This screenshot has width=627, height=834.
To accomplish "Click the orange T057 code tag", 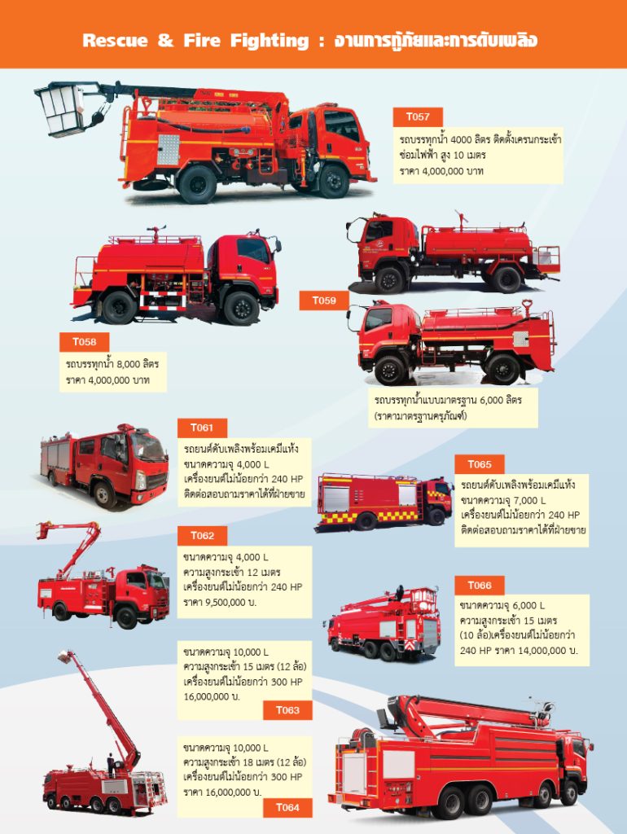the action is (x=418, y=117).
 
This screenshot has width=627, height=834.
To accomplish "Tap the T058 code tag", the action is (x=84, y=342).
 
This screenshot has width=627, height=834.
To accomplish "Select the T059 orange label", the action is (x=324, y=301).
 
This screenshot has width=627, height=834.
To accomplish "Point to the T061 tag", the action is (x=202, y=428).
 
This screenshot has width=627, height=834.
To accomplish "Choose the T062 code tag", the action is (x=202, y=536).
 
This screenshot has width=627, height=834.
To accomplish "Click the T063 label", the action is (x=287, y=710).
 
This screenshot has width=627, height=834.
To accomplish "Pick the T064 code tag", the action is (x=287, y=807).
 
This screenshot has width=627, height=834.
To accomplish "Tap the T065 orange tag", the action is (x=479, y=464).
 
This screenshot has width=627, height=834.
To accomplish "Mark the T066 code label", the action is (x=479, y=586).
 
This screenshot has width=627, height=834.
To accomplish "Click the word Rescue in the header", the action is (x=115, y=41).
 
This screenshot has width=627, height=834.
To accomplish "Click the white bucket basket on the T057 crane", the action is (x=60, y=110).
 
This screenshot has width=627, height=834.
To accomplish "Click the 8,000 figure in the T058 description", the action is (x=129, y=364).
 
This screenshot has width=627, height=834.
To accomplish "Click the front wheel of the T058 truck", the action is (x=241, y=308).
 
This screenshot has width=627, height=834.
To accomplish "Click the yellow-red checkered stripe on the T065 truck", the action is (x=368, y=516).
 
